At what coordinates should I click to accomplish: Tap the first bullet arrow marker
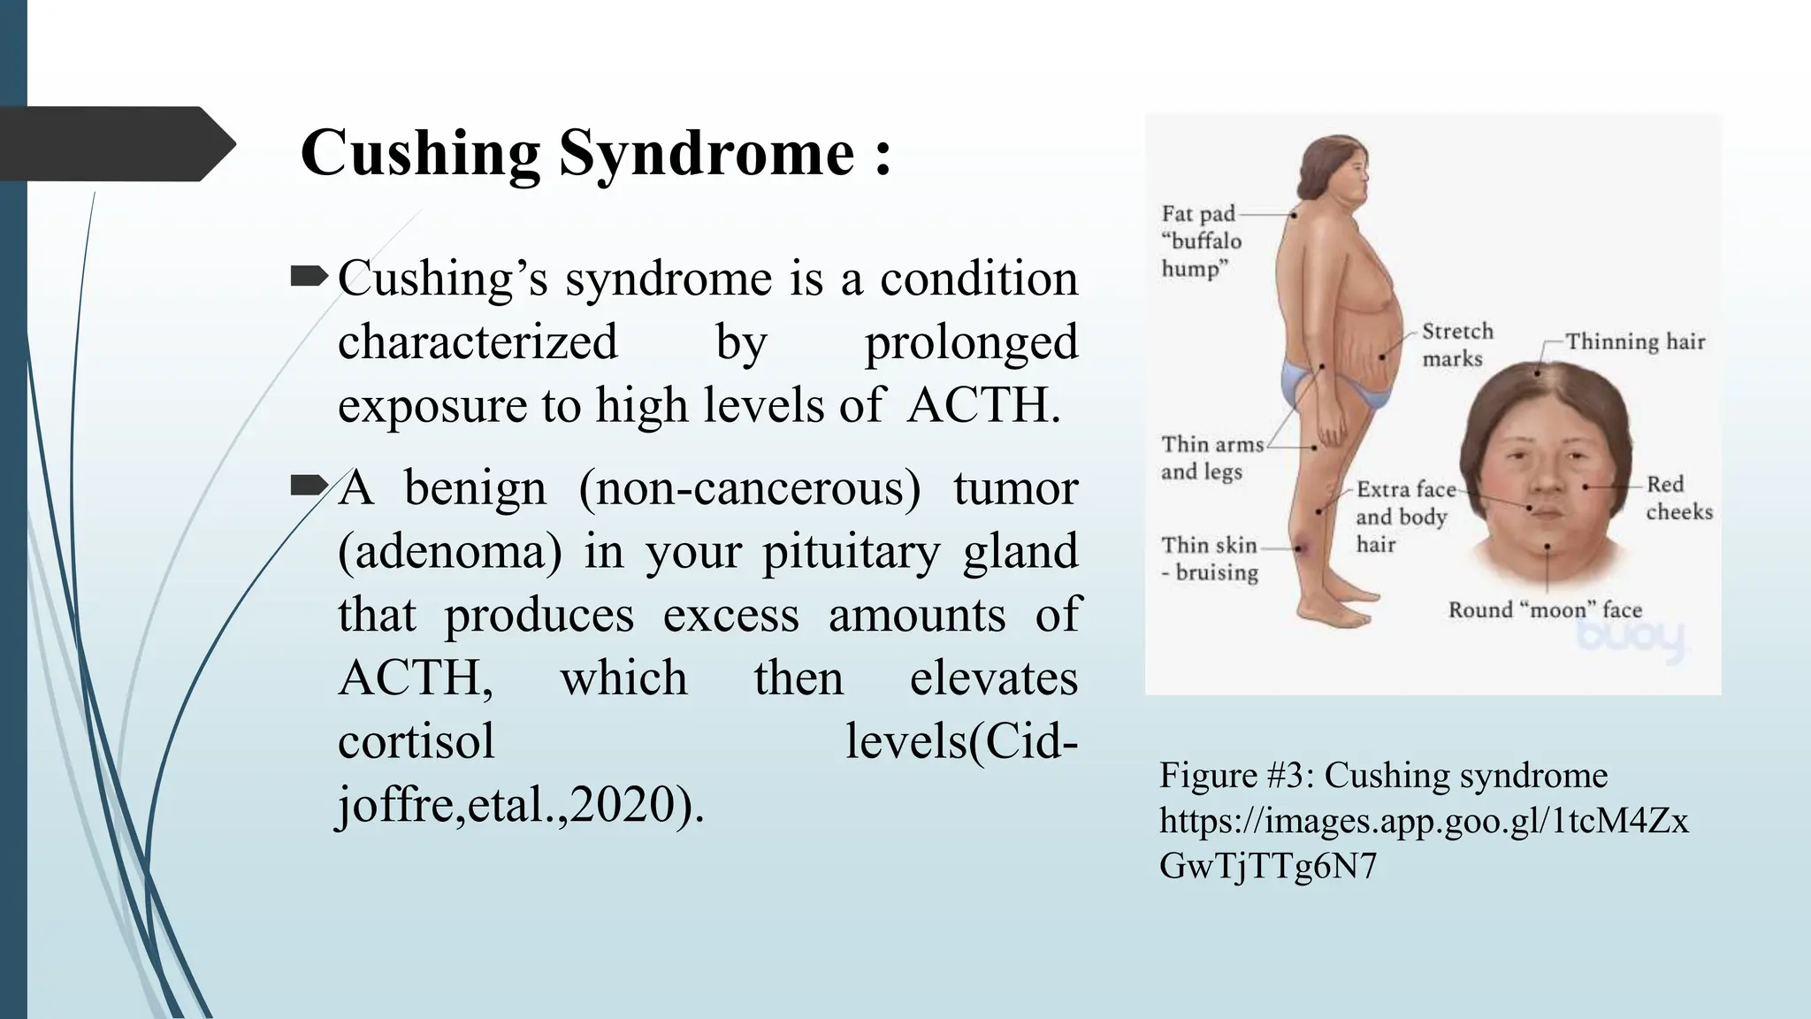[308, 279]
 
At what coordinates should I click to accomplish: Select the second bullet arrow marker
[308, 486]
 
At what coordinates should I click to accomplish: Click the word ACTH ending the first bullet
[982, 406]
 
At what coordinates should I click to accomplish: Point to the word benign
[475, 487]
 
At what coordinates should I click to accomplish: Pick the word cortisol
[416, 741]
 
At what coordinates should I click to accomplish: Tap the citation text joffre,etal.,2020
[520, 805]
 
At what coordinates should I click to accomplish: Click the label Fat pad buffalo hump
[1201, 241]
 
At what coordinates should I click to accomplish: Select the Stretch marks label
[1457, 344]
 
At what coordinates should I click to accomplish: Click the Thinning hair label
[1635, 341]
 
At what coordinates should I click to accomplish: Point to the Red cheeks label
[1678, 497]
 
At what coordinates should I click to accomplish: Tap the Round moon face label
[1544, 609]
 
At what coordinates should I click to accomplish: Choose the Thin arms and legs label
[1211, 457]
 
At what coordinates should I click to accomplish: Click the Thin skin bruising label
[1209, 559]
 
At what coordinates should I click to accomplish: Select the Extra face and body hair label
[1404, 517]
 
